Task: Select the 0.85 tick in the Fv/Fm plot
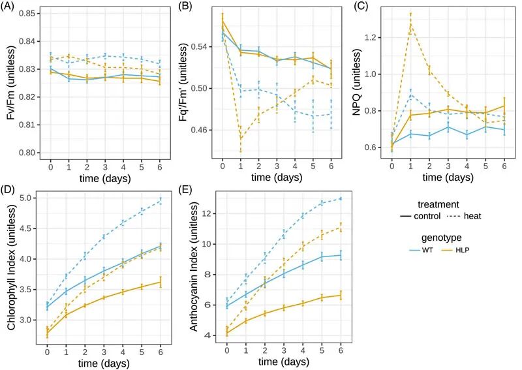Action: (27, 13)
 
